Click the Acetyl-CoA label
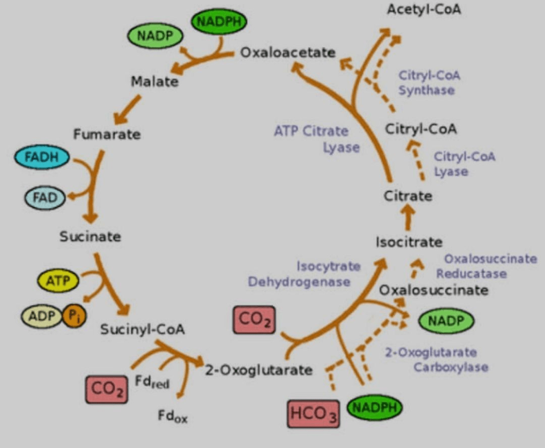click(424, 10)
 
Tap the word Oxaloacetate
click(288, 53)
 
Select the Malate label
click(154, 82)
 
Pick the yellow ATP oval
click(58, 281)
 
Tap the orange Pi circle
click(75, 316)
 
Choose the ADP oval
click(42, 316)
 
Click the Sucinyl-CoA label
click(142, 329)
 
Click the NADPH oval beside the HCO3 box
click(375, 408)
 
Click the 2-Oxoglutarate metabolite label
click(259, 370)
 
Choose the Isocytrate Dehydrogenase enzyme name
click(299, 273)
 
